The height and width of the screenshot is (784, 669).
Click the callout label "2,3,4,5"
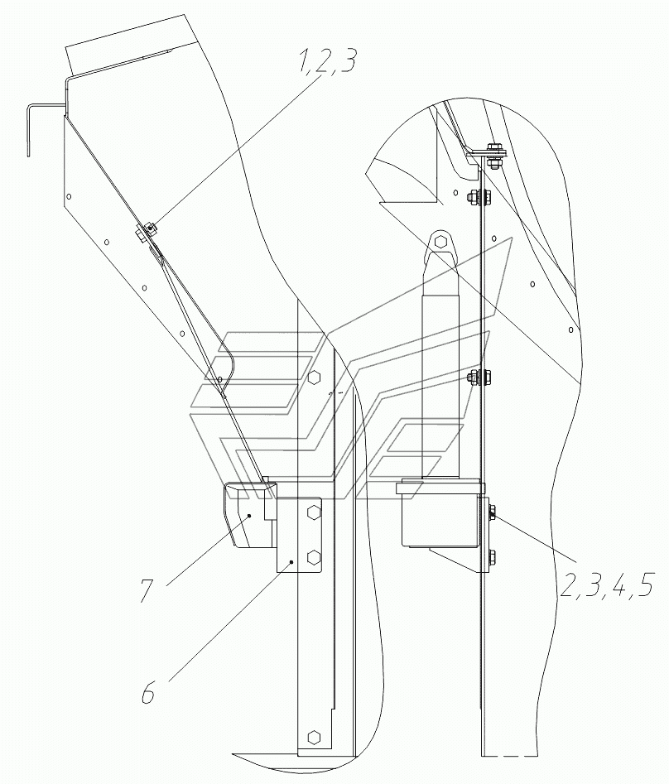coord(607,584)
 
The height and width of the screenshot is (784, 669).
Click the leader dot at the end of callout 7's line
coord(249,516)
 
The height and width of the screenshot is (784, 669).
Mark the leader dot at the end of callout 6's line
coord(291,562)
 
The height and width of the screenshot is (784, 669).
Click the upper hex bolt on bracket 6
coord(314,513)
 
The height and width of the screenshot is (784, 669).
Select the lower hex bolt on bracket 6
coord(314,556)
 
